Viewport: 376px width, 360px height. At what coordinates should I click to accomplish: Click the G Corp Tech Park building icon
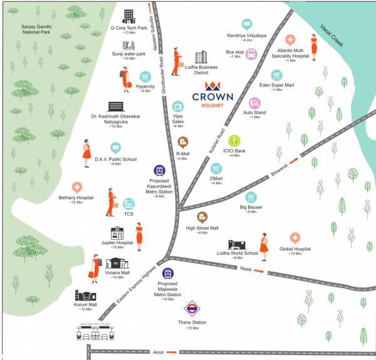(128, 15)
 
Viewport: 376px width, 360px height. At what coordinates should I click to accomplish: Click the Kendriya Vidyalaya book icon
(247, 24)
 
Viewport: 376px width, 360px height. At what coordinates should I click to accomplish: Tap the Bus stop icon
(251, 54)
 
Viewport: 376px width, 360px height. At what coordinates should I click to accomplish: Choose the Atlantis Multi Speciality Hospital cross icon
(290, 40)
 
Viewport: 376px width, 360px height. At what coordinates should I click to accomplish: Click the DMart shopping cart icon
(216, 168)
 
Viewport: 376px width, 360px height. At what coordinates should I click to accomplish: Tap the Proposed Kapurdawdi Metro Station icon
(160, 171)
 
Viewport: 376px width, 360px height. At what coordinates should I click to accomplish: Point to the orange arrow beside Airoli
(172, 352)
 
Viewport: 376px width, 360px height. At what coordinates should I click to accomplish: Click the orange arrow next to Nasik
(266, 272)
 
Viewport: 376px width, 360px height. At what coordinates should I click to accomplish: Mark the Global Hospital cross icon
(295, 238)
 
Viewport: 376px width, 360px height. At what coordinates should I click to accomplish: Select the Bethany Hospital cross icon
(76, 187)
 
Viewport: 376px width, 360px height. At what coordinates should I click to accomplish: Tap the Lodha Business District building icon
(201, 58)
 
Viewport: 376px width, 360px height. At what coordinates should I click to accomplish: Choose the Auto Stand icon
(254, 103)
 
